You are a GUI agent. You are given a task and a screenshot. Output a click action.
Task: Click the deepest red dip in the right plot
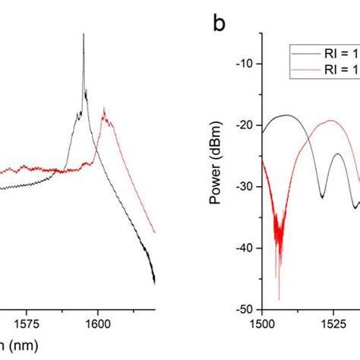click(279, 298)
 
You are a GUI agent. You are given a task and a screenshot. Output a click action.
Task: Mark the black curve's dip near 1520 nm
click(322, 197)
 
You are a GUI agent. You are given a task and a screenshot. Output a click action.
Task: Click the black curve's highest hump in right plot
click(286, 115)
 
